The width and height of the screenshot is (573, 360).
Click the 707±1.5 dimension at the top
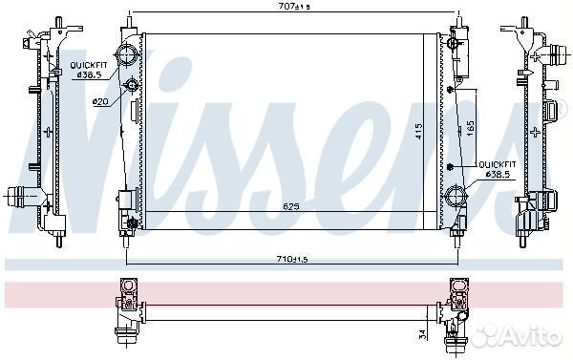coord(294,7)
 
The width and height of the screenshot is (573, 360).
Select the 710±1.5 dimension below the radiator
coord(292,259)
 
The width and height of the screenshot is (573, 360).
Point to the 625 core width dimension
coord(291,206)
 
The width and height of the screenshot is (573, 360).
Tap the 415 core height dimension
coord(419,131)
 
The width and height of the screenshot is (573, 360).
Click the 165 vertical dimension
coord(471,129)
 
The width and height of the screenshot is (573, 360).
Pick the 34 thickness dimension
coord(422,334)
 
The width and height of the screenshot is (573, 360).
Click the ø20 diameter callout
coord(100,101)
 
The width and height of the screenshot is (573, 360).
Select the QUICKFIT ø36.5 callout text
coord(89,70)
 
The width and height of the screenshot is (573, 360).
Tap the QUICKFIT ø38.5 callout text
coord(498,169)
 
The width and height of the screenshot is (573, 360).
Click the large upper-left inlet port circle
coord(126,54)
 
